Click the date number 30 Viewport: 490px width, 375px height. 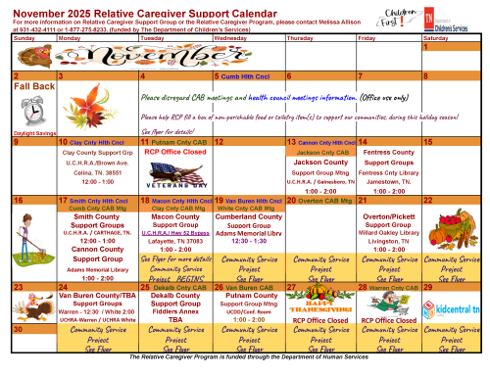(21, 330)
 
